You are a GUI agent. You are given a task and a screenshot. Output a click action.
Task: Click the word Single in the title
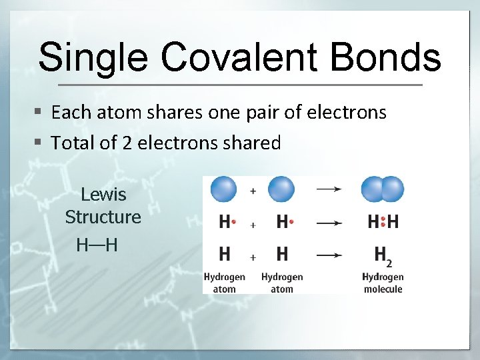click(91, 57)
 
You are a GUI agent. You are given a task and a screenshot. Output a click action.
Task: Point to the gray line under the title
click(240, 85)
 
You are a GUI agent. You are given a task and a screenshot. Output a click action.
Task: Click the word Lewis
click(103, 195)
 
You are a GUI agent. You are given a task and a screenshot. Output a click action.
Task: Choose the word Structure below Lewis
click(103, 217)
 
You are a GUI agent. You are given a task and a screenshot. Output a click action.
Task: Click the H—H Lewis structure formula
click(97, 245)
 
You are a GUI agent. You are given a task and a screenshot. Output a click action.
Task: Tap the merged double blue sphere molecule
click(383, 189)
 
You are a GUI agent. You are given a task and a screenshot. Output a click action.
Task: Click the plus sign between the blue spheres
click(253, 191)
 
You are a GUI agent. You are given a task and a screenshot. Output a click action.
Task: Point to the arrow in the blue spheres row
click(328, 189)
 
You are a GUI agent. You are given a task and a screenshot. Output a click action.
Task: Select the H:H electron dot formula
click(383, 222)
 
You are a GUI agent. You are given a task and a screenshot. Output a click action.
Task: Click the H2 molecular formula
click(382, 255)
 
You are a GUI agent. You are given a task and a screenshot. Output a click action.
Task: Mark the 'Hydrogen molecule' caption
click(383, 283)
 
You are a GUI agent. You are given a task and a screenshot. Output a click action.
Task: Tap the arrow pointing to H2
click(328, 255)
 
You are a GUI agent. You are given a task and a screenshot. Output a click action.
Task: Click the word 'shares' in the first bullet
click(177, 113)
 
